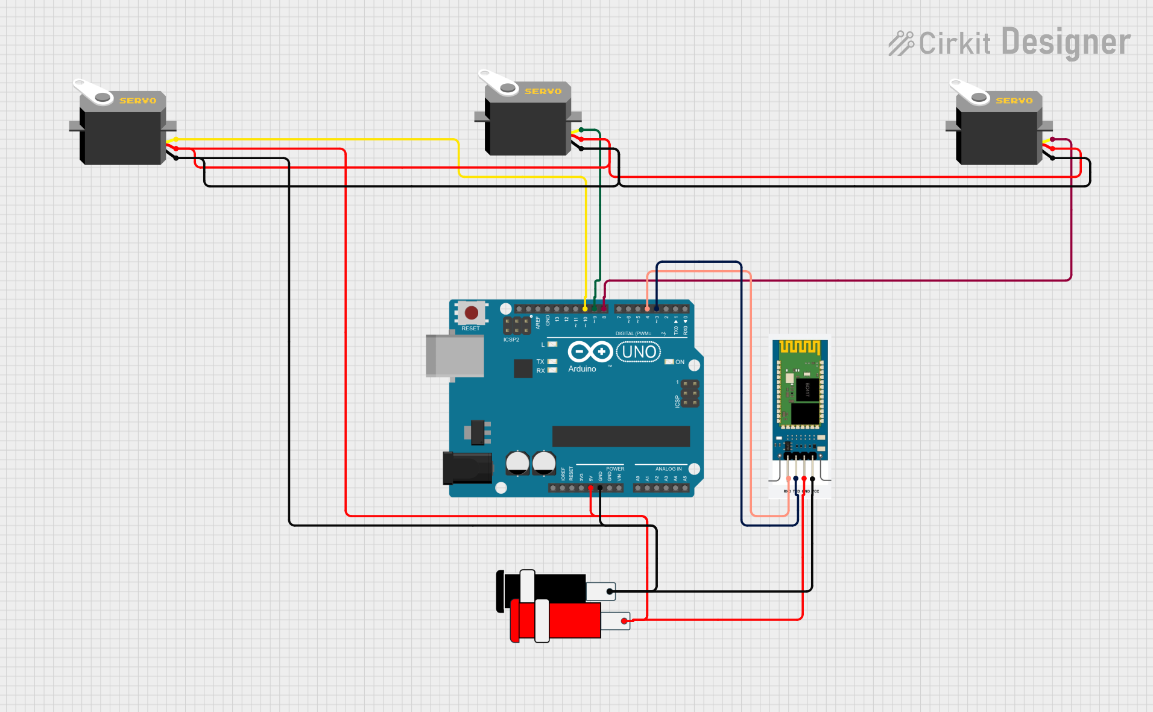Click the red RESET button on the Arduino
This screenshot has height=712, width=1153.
click(472, 312)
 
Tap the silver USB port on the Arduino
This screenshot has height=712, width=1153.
click(455, 356)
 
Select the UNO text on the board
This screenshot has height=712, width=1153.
click(639, 352)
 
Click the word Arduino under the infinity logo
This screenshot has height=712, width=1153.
click(582, 369)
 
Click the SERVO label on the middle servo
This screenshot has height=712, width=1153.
click(543, 92)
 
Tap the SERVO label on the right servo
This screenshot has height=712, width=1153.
click(1014, 101)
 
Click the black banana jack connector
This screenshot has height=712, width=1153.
click(543, 588)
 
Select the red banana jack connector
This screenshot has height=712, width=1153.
click(558, 620)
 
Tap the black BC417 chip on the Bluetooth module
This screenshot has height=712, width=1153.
click(807, 389)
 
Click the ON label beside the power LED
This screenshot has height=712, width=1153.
click(680, 362)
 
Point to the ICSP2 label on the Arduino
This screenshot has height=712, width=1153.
click(511, 340)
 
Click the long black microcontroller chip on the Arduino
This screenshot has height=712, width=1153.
click(621, 436)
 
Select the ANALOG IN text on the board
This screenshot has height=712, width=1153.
click(668, 469)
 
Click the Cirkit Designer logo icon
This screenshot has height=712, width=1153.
click(901, 43)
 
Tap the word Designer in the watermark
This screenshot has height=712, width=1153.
click(1066, 42)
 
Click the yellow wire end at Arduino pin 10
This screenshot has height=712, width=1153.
click(585, 309)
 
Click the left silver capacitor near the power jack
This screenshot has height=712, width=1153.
click(517, 463)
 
